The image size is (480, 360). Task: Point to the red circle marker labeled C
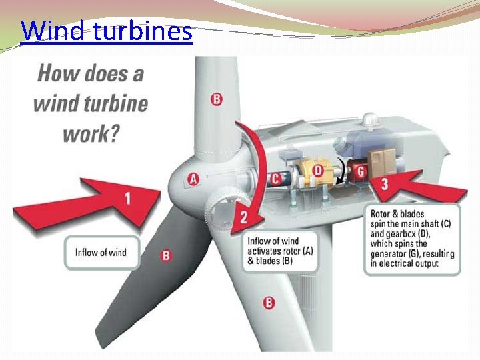click(x=275, y=178)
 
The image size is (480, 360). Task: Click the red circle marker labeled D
click(x=318, y=171)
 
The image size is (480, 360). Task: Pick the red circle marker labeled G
click(x=361, y=172)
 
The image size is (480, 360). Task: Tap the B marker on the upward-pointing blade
click(x=217, y=99)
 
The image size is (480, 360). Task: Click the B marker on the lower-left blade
click(x=166, y=255)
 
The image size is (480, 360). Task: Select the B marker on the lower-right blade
click(x=269, y=303)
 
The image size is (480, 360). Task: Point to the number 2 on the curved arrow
click(x=244, y=215)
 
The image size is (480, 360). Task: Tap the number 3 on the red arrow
click(x=385, y=183)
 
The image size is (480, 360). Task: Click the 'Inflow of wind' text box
click(x=101, y=252)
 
